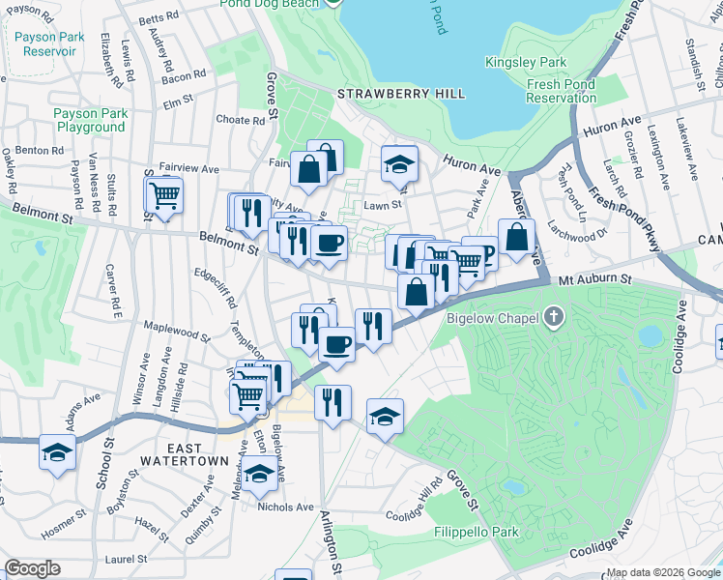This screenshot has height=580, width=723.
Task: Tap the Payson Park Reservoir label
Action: pos(50,44)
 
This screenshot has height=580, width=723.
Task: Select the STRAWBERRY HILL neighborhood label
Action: pos(401,94)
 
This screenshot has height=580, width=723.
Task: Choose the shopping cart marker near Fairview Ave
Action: pos(164,195)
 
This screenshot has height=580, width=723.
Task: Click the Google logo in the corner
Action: pos(32,568)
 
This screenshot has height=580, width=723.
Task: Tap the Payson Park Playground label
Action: pos(90,120)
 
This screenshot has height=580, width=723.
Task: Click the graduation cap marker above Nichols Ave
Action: pos(259,475)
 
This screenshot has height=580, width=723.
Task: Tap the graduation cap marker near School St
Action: pos(57,452)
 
